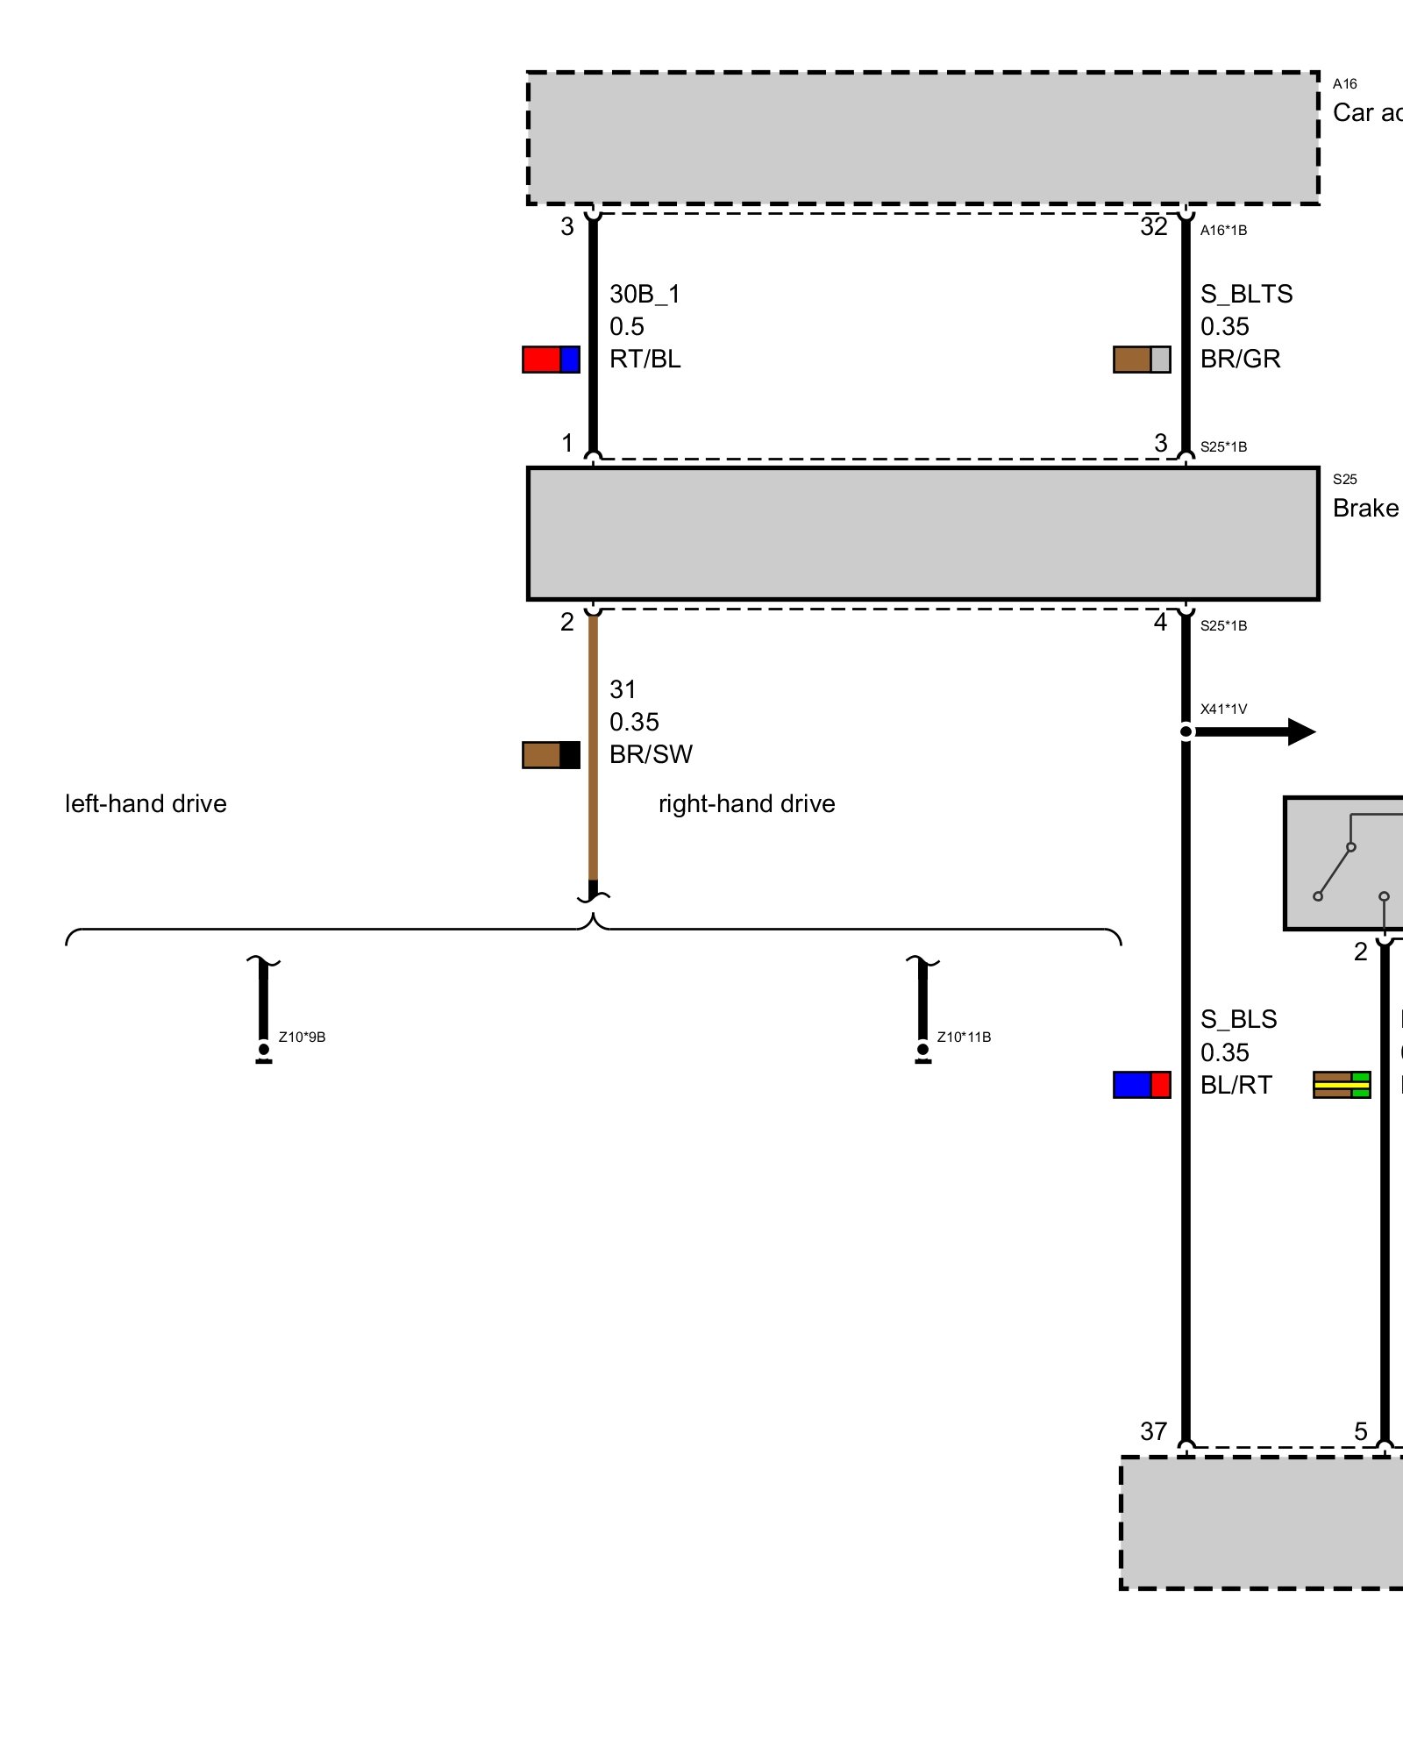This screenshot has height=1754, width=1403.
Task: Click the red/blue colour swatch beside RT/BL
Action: point(551,360)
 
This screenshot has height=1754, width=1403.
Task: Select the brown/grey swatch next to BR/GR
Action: point(1142,360)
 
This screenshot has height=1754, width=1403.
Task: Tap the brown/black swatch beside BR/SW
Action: point(551,755)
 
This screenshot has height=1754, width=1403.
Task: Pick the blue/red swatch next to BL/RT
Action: point(1142,1085)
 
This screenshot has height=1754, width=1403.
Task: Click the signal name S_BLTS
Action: point(1246,294)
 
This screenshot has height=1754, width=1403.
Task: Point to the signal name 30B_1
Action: point(645,294)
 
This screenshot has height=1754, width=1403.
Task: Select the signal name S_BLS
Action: point(1238,1019)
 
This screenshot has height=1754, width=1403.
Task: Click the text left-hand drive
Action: point(146,804)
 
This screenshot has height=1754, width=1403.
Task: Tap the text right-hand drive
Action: point(746,804)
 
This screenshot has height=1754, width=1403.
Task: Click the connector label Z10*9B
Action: point(302,1037)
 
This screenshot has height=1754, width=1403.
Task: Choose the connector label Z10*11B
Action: point(964,1037)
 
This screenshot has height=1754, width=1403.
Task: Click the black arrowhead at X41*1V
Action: point(1301,731)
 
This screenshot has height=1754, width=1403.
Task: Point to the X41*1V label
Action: point(1223,709)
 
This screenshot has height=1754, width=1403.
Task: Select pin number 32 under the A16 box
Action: point(1153,227)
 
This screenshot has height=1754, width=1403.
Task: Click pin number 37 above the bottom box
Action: point(1153,1431)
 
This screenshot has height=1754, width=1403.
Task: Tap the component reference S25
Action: point(1344,480)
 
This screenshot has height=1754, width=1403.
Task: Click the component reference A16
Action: point(1344,84)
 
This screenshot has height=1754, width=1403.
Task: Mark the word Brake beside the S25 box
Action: point(1364,509)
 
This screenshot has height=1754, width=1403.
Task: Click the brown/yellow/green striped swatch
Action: point(1341,1085)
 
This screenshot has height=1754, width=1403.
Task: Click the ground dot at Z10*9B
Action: point(264,1049)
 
